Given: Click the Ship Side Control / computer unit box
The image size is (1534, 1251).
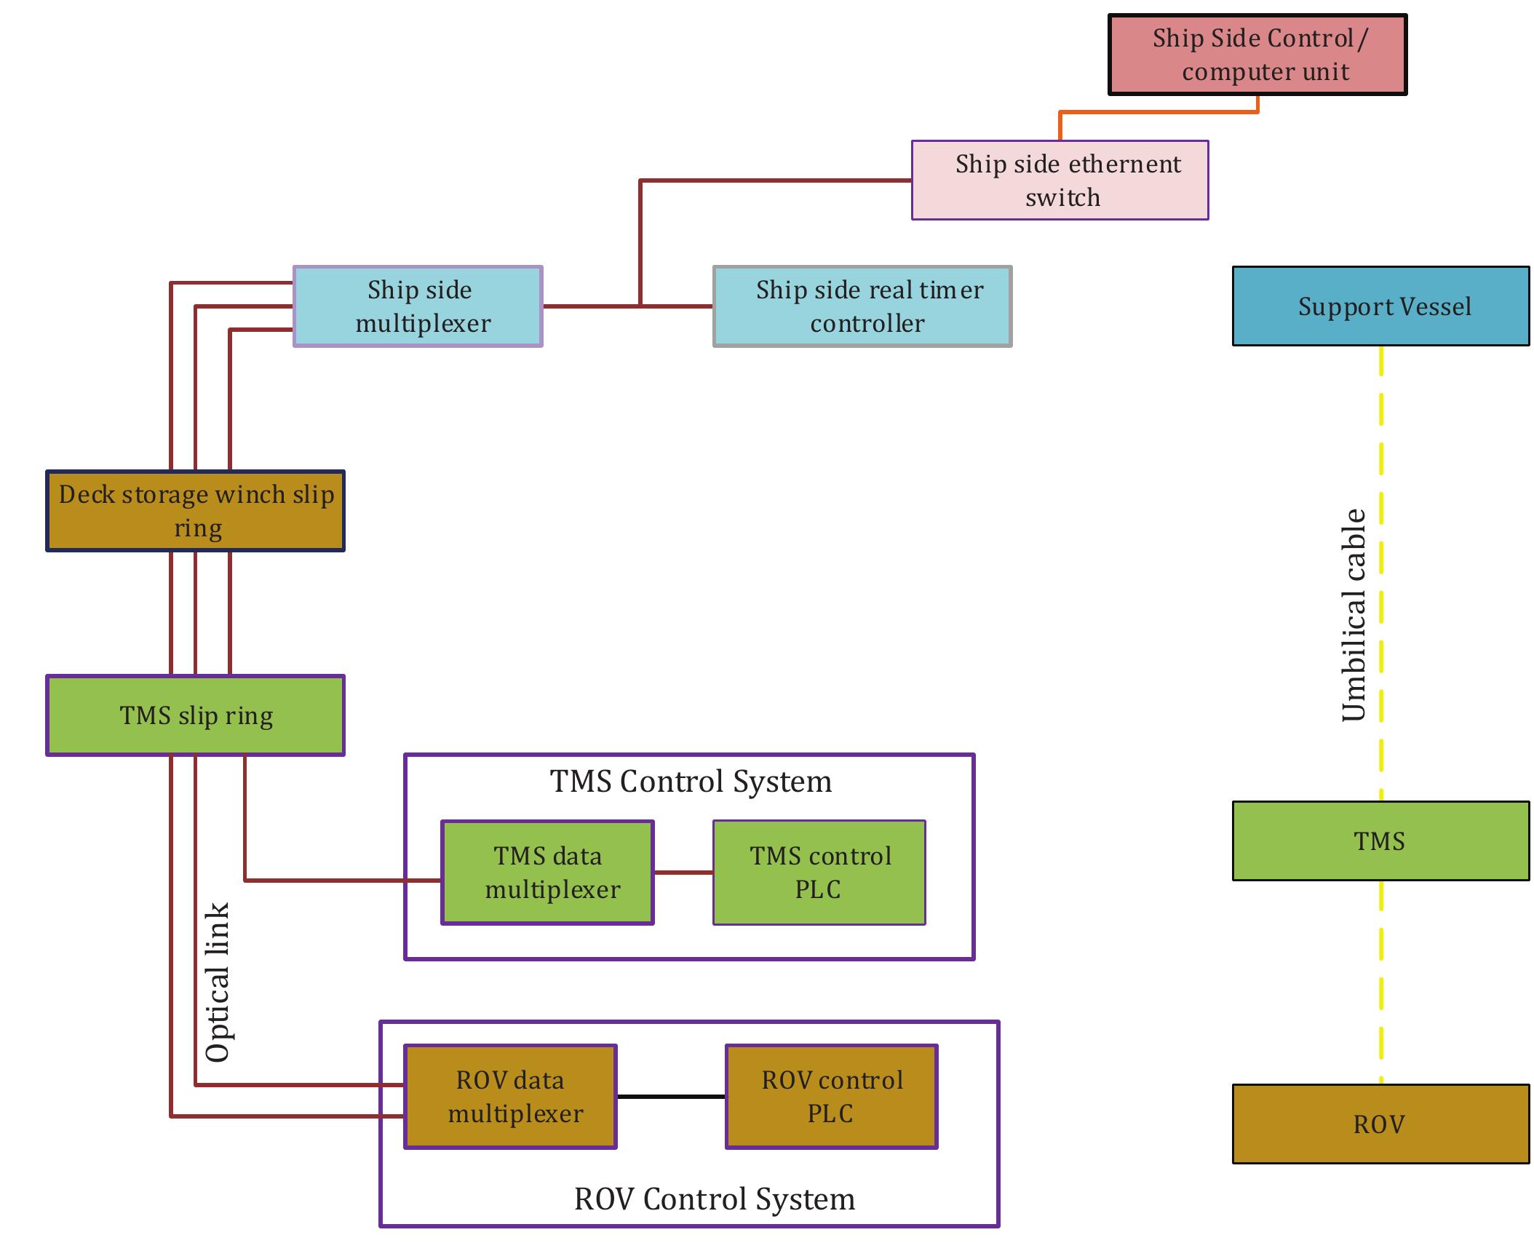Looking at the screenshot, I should pyautogui.click(x=1257, y=55).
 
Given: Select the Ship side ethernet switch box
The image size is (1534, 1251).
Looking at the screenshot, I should pyautogui.click(x=1060, y=180).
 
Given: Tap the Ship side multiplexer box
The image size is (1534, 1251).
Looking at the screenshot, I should pyautogui.click(x=418, y=306).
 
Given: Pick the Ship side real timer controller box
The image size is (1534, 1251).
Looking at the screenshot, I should pyautogui.click(x=862, y=306).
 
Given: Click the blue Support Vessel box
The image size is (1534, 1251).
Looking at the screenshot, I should pyautogui.click(x=1380, y=306).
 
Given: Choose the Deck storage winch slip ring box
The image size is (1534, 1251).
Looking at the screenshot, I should pyautogui.click(x=195, y=511).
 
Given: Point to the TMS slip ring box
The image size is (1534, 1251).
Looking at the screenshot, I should pyautogui.click(x=195, y=715).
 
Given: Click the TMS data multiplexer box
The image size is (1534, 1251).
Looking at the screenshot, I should pyautogui.click(x=547, y=873).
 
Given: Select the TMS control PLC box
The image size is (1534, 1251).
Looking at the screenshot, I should pyautogui.click(x=819, y=873).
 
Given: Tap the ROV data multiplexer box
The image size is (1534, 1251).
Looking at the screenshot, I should pyautogui.click(x=510, y=1097).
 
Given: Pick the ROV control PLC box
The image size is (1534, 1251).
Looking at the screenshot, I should pyautogui.click(x=831, y=1097).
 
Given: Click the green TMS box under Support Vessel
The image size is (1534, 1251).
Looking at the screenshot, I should pyautogui.click(x=1380, y=841).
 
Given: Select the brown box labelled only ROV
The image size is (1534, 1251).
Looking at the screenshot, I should pyautogui.click(x=1380, y=1124).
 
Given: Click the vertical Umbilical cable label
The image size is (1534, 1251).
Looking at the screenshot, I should pyautogui.click(x=1354, y=615).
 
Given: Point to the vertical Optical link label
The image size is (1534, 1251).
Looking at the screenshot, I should pyautogui.click(x=218, y=982).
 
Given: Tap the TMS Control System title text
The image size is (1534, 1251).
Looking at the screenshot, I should pyautogui.click(x=690, y=782).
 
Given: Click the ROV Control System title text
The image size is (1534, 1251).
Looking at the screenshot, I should pyautogui.click(x=714, y=1199).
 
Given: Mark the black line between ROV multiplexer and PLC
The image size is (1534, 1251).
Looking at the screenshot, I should pyautogui.click(x=670, y=1096).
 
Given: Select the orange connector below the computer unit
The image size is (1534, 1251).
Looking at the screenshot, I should pyautogui.click(x=1157, y=112).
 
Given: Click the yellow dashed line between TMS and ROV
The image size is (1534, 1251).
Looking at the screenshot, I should pyautogui.click(x=1380, y=982).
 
